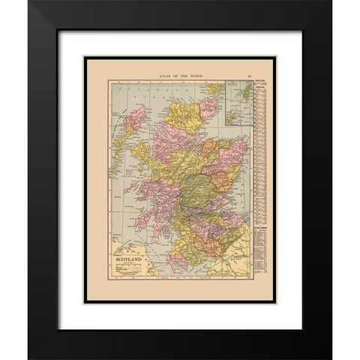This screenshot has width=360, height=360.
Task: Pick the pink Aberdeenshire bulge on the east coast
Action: coord(223,161)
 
